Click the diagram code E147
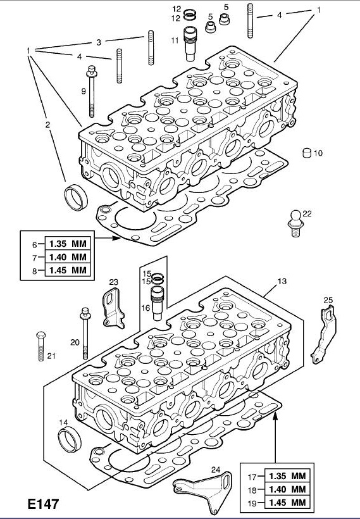click(43, 503)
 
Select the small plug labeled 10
click(307, 153)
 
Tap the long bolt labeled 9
click(92, 91)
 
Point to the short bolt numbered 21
click(41, 346)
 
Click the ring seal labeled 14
click(70, 440)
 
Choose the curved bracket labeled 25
click(323, 334)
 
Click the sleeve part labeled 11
click(190, 44)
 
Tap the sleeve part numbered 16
click(157, 303)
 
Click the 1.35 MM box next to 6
click(68, 244)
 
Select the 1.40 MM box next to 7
click(68, 257)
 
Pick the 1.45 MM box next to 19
click(287, 503)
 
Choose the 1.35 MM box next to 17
click(287, 476)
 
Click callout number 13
click(282, 282)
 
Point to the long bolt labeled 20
click(85, 334)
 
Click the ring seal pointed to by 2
click(76, 197)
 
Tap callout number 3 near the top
click(99, 42)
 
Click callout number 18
click(252, 490)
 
